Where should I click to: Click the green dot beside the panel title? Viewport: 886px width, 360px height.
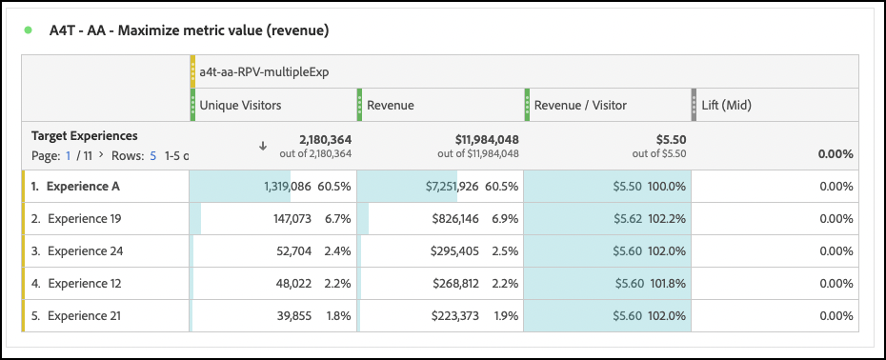[29, 30]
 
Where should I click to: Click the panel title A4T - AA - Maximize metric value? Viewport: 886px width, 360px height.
[189, 30]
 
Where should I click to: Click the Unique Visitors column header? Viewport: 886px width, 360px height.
[240, 104]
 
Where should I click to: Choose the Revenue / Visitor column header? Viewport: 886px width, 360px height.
[581, 104]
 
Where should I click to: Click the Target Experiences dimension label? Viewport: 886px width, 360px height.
[85, 136]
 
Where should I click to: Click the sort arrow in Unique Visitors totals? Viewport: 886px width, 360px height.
[263, 146]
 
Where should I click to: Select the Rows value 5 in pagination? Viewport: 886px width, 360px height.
[152, 154]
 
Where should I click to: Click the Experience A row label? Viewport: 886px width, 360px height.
[83, 187]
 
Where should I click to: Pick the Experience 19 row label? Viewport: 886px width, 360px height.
[86, 219]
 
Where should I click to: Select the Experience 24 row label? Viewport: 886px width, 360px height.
[86, 251]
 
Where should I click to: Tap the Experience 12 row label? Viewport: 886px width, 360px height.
[86, 283]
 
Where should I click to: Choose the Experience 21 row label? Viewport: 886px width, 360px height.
[86, 315]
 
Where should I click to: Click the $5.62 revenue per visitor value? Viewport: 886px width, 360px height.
[627, 219]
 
